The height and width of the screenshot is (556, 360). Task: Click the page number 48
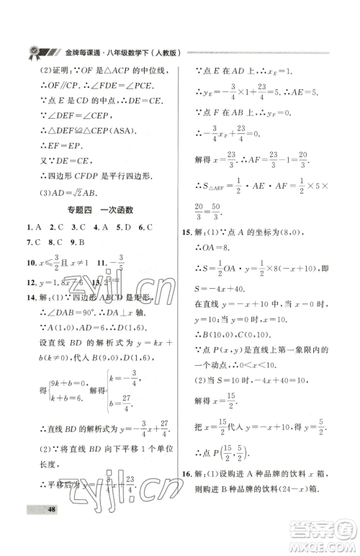pos(32,532)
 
